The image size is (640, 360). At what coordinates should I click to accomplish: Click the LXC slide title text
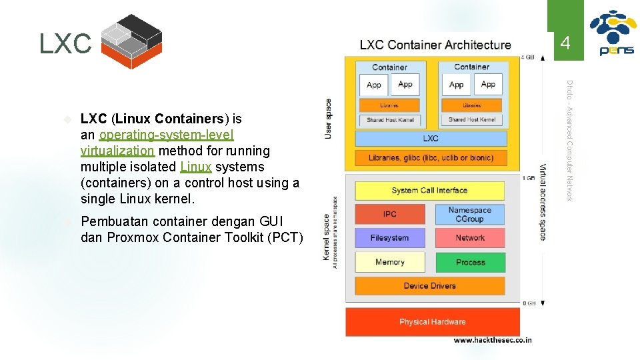click(65, 45)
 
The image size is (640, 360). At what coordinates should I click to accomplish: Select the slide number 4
click(565, 44)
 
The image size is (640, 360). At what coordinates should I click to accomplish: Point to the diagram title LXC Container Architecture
click(435, 45)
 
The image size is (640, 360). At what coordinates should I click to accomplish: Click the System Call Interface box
click(429, 191)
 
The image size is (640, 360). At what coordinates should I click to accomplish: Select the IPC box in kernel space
click(389, 214)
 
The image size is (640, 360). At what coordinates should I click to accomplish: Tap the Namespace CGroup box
click(469, 214)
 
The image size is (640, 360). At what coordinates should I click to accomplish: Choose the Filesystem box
click(389, 238)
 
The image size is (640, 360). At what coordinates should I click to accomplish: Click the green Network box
click(470, 238)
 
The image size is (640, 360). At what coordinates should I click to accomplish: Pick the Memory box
click(389, 262)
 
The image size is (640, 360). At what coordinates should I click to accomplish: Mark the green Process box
click(470, 262)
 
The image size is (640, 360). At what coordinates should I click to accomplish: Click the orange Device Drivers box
click(429, 286)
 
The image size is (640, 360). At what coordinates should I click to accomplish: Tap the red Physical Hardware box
click(432, 322)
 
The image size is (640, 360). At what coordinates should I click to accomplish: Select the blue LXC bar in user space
click(431, 139)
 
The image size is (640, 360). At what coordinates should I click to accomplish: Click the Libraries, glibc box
click(431, 158)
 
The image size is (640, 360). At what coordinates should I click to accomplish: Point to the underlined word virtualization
click(117, 151)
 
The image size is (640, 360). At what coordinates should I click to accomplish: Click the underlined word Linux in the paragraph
click(195, 167)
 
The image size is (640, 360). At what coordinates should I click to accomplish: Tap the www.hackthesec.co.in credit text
click(493, 340)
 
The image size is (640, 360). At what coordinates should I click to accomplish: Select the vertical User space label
click(328, 119)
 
